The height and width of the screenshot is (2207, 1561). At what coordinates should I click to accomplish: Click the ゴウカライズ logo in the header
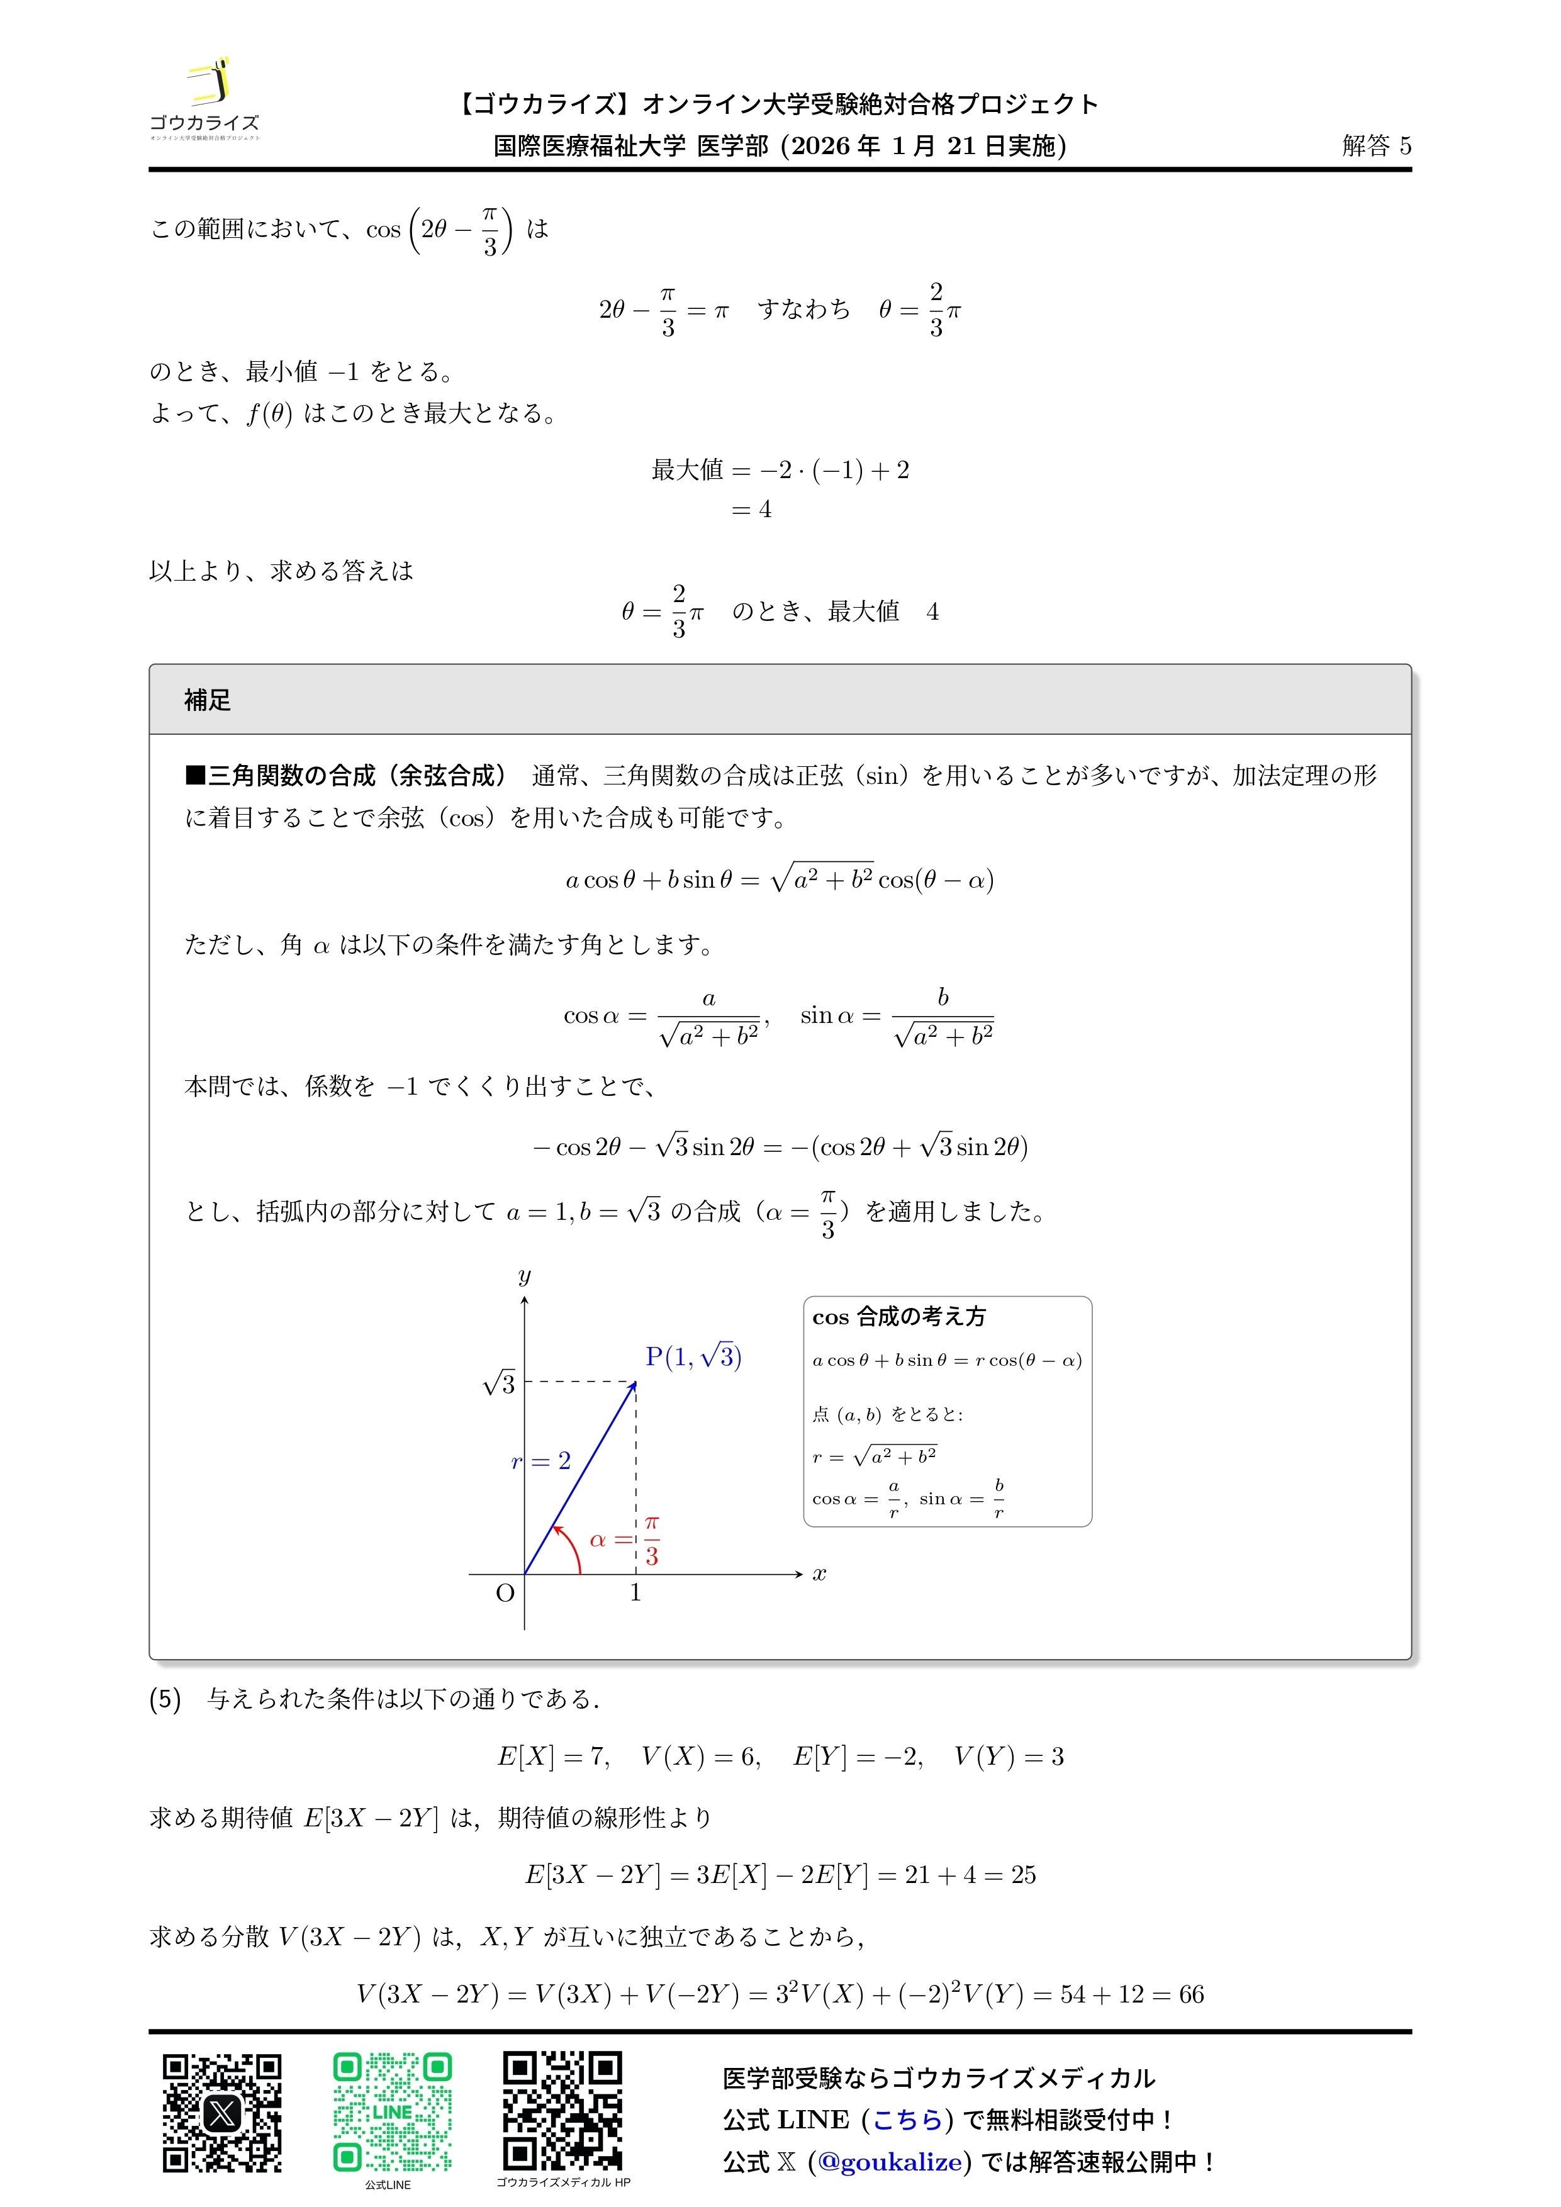click(x=204, y=99)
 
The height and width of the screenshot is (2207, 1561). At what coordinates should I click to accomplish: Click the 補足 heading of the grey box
click(x=208, y=700)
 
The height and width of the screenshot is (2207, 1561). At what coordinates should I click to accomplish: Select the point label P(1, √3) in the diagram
click(x=693, y=1356)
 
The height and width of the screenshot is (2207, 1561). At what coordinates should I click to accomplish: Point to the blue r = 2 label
click(x=541, y=1461)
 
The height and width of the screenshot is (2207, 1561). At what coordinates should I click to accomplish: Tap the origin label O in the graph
click(x=505, y=1593)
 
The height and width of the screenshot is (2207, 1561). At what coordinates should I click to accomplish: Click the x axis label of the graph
click(x=819, y=1573)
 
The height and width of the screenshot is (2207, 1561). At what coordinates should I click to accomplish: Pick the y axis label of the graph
click(x=524, y=1277)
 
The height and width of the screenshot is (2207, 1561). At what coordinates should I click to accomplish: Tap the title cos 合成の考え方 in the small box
click(x=898, y=1317)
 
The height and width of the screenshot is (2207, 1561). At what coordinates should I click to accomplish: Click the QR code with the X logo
click(x=222, y=2113)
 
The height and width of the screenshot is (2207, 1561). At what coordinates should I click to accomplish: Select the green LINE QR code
click(x=392, y=2113)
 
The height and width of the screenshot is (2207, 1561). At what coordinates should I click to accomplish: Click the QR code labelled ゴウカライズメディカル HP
click(x=562, y=2111)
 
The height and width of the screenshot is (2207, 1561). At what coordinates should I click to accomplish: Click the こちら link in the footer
click(x=907, y=2120)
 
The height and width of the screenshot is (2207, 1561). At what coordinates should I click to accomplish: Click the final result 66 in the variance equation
click(x=1191, y=1994)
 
